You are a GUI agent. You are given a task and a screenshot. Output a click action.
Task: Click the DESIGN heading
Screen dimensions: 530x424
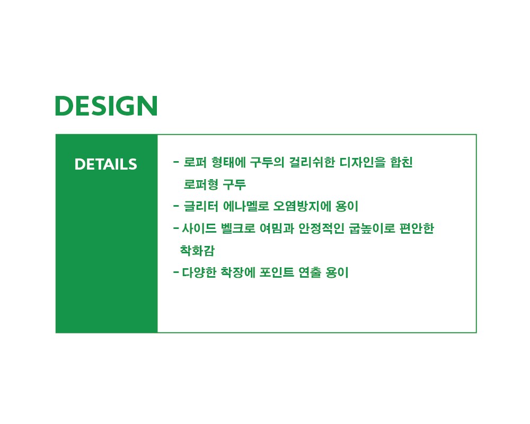(106, 106)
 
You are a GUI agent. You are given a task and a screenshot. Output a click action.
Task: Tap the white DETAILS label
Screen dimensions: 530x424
(106, 164)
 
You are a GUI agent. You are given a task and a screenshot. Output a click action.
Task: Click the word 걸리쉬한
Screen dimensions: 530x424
(312, 162)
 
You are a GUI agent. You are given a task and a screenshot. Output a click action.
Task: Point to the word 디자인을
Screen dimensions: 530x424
(363, 162)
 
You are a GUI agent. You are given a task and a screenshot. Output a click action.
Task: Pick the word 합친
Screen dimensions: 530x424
(402, 162)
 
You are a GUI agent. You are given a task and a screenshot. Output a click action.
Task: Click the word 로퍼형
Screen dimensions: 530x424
(201, 184)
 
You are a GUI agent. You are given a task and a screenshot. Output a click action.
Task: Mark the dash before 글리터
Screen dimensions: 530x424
(176, 206)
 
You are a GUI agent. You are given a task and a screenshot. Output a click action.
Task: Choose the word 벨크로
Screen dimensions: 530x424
(238, 228)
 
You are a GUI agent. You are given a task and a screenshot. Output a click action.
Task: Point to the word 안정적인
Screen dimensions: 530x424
(321, 228)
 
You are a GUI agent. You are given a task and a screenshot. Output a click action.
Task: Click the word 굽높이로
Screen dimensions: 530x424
(372, 228)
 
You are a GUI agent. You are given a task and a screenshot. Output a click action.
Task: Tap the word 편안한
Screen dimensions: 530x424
(417, 228)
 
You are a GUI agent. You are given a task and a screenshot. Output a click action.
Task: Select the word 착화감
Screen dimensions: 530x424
(197, 250)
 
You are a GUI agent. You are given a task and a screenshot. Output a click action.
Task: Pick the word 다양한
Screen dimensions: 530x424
(199, 272)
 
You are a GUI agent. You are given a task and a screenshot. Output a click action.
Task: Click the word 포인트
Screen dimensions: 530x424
(277, 272)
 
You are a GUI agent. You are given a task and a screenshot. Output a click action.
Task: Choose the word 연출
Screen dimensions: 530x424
(310, 272)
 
